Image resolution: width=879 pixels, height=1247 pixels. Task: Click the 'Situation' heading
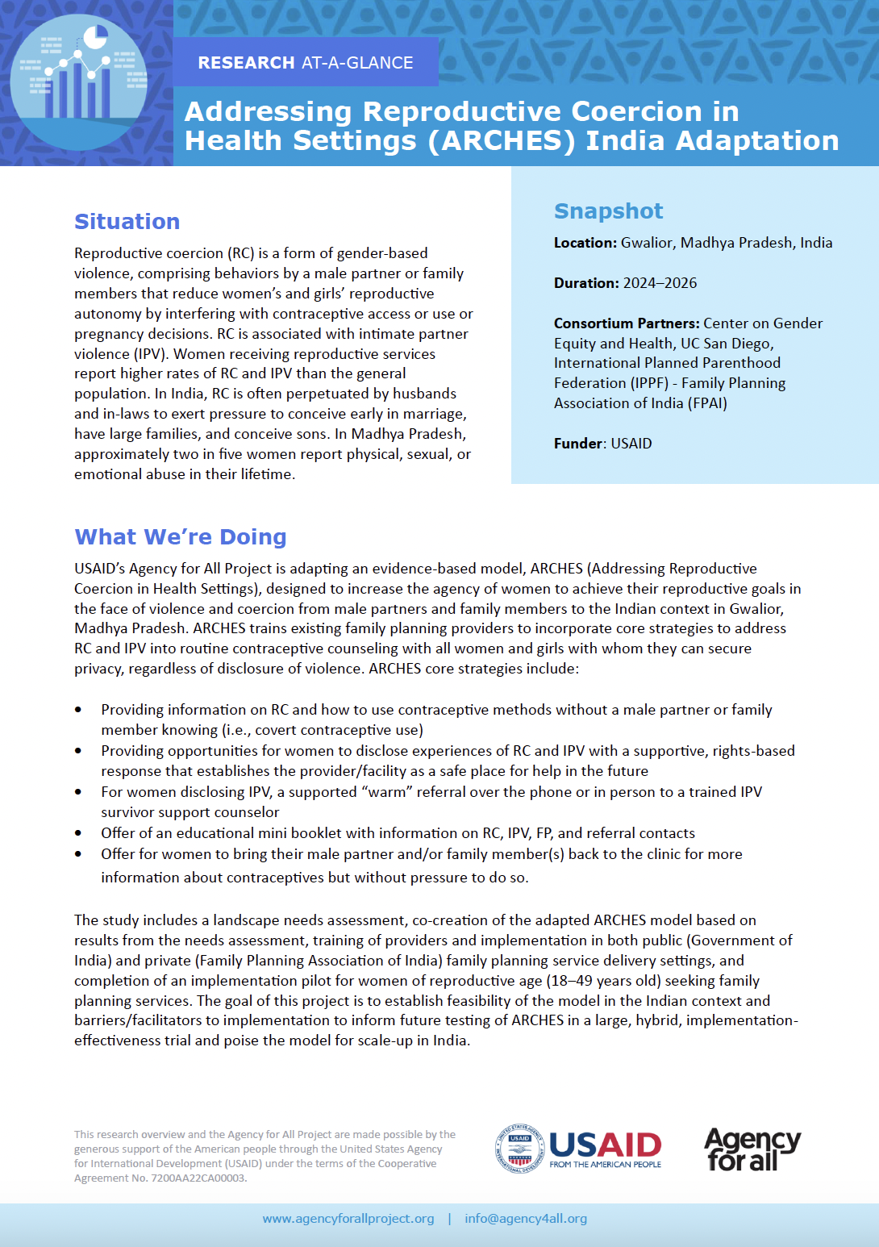click(x=127, y=222)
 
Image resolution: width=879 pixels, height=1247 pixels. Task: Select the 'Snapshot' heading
click(x=608, y=211)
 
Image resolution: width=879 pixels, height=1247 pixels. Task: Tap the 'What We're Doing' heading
click(x=180, y=537)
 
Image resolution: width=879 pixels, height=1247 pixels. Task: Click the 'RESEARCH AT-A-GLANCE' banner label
click(x=305, y=63)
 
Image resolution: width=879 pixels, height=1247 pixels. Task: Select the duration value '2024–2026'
click(x=660, y=283)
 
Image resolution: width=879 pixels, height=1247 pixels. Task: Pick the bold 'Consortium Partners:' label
click(x=626, y=323)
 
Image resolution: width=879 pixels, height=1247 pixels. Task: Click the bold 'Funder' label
click(x=578, y=444)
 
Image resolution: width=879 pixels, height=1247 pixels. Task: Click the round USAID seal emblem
click(x=519, y=1149)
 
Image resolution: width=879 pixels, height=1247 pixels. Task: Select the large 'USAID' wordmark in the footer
click(x=605, y=1145)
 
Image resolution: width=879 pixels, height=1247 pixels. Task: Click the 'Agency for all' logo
click(x=752, y=1149)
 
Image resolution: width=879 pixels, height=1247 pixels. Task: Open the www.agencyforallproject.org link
click(x=348, y=1219)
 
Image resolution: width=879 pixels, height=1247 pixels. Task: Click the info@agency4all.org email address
click(x=526, y=1219)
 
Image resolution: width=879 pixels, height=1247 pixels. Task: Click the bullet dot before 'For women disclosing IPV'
click(x=78, y=792)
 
